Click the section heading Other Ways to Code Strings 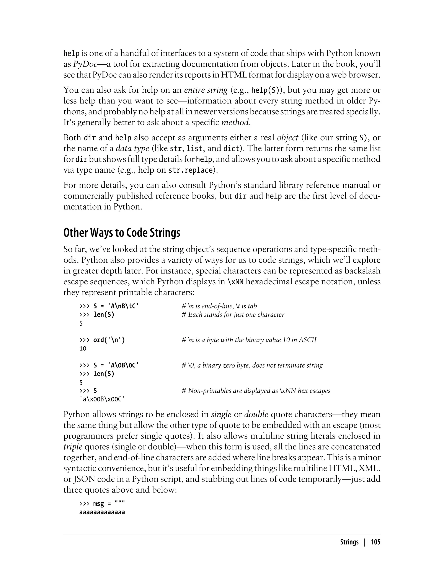122,233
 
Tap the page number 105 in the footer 375,542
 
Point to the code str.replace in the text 190,170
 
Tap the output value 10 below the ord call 83,349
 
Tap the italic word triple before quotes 73,447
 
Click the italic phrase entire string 206,90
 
